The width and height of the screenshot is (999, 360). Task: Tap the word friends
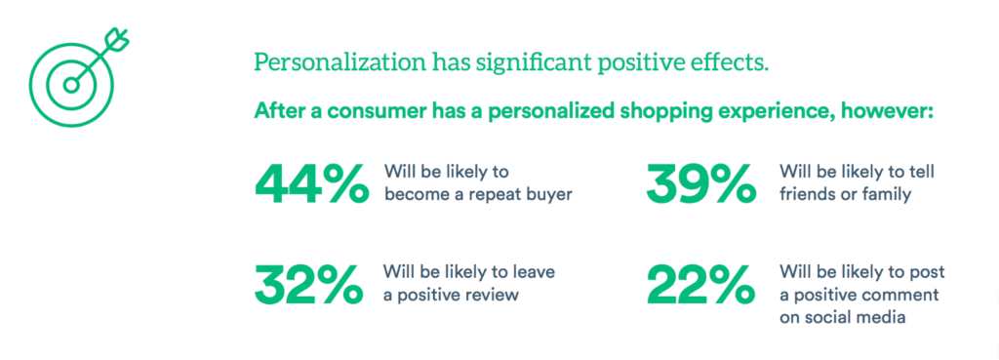pos(807,194)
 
